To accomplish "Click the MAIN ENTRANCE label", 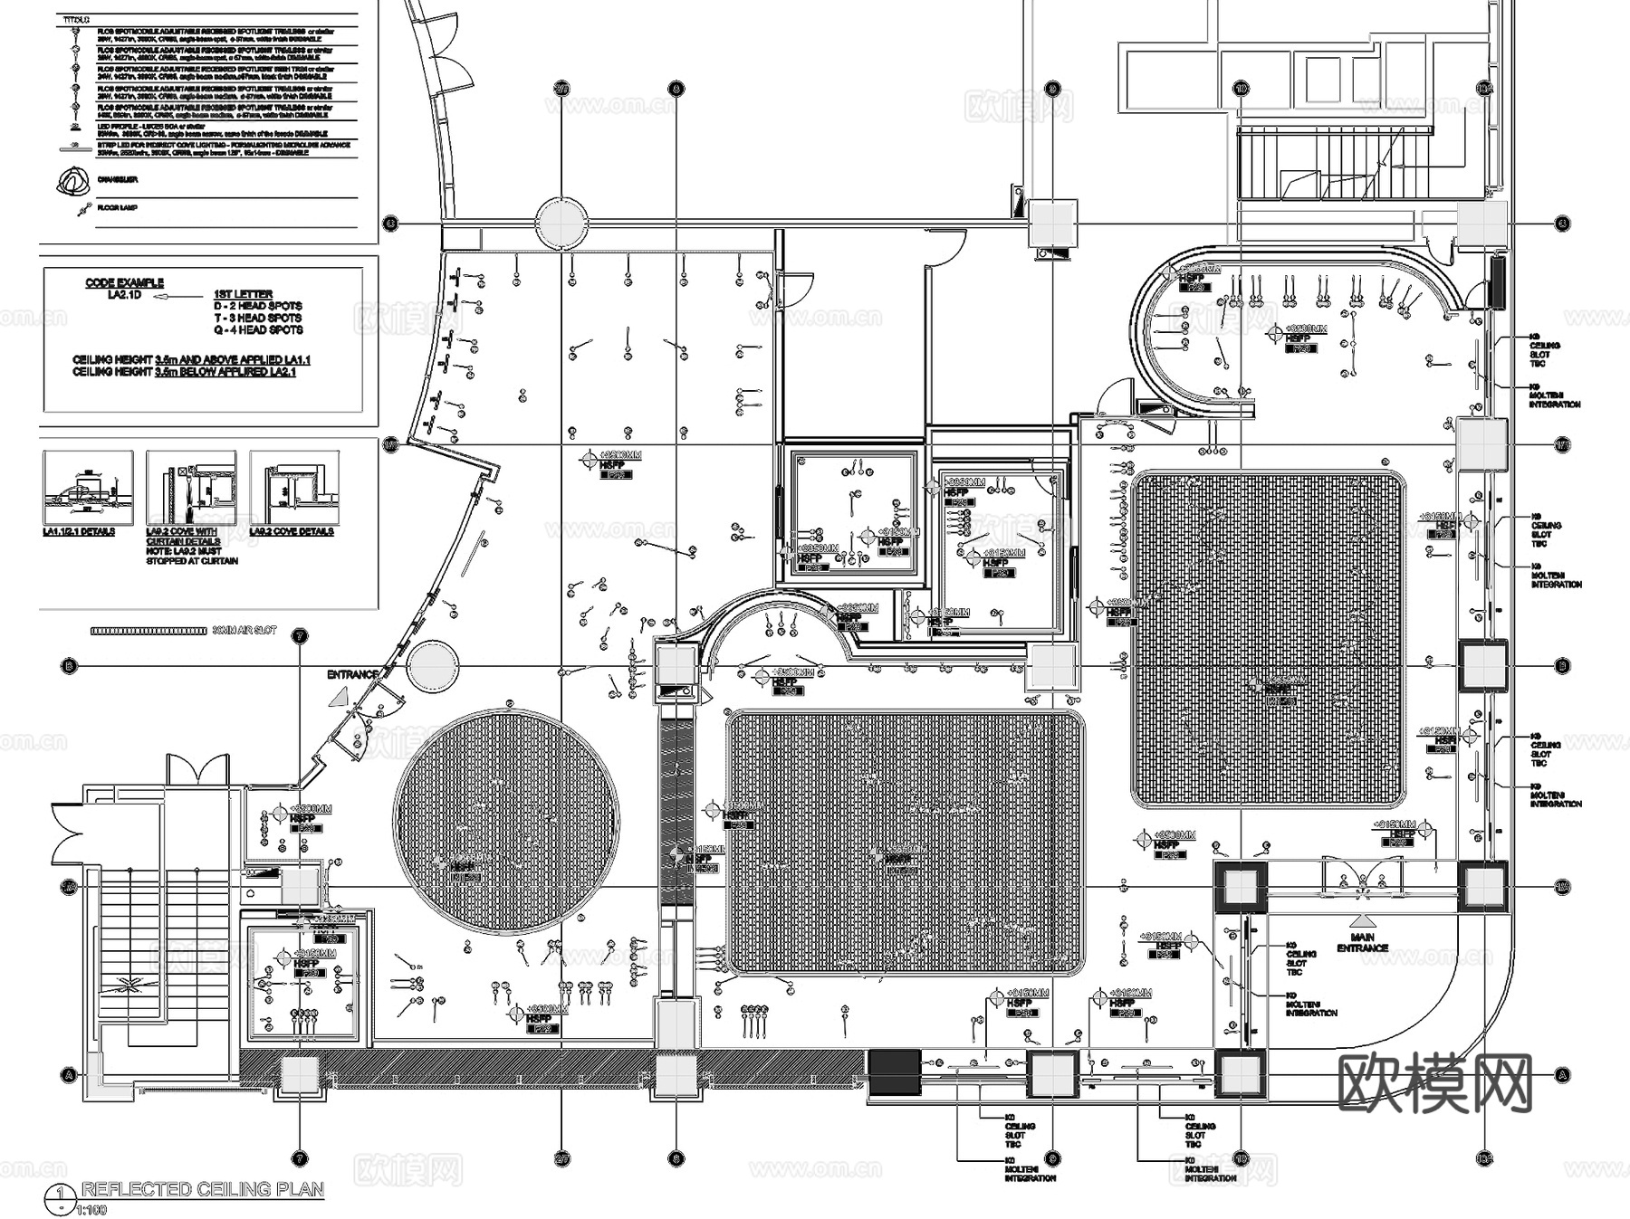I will point(1362,942).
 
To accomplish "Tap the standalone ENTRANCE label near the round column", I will point(352,674).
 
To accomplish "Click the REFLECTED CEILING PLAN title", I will point(203,1189).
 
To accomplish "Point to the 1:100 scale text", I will point(91,1210).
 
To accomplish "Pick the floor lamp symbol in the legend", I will point(82,211).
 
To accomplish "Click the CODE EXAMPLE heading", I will point(124,282).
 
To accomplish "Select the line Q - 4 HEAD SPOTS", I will point(257,329).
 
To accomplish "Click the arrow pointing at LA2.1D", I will point(177,296).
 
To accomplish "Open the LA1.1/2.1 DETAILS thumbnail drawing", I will point(88,489).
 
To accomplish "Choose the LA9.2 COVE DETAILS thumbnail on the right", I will point(294,489).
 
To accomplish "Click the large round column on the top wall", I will point(561,223).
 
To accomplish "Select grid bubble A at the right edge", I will point(1561,1075).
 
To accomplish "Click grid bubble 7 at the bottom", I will point(300,1157).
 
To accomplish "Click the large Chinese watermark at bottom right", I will point(1434,1082).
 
